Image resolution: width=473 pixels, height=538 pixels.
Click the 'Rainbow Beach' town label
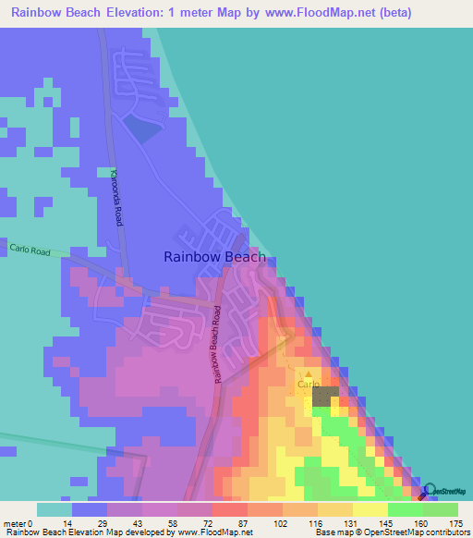tap(214, 258)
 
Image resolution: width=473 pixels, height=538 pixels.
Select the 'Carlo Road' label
tap(30, 249)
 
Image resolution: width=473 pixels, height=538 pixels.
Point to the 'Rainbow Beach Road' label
tap(217, 345)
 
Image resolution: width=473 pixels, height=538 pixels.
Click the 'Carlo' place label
tap(308, 383)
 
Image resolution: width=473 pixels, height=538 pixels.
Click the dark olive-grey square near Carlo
tap(324, 397)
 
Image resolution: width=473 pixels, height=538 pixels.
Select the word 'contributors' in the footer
tap(447, 532)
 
